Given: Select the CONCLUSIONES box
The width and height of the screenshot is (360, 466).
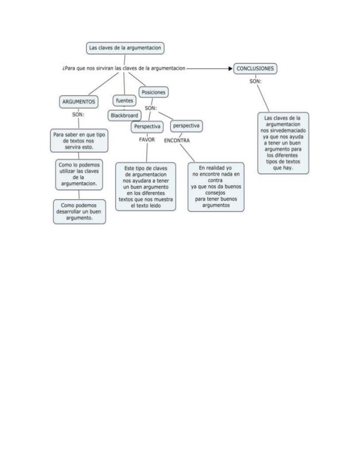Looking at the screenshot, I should pyautogui.click(x=255, y=69).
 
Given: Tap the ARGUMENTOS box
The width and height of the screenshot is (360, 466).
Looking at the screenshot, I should pyautogui.click(x=78, y=102).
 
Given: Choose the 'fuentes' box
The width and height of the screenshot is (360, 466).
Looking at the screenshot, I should pyautogui.click(x=124, y=101).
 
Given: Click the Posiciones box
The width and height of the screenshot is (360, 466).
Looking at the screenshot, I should pyautogui.click(x=153, y=92).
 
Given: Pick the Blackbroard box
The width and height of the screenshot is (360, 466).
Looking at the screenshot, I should pyautogui.click(x=125, y=115).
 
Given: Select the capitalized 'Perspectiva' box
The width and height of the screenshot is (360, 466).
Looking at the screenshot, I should pyautogui.click(x=147, y=127).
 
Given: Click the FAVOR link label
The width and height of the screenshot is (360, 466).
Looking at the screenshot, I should pyautogui.click(x=147, y=140).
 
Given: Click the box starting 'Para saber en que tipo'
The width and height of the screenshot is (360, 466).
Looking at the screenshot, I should pyautogui.click(x=79, y=141).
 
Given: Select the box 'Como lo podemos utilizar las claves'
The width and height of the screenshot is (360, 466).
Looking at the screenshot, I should pyautogui.click(x=79, y=173).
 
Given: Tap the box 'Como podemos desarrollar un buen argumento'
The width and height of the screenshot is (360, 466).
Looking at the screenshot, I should pyautogui.click(x=79, y=211).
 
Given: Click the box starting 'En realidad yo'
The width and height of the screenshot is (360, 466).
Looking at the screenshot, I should pyautogui.click(x=215, y=187).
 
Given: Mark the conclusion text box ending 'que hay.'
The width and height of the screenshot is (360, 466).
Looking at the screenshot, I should pyautogui.click(x=283, y=143).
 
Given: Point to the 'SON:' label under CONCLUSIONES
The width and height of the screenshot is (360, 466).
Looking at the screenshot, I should pyautogui.click(x=255, y=81).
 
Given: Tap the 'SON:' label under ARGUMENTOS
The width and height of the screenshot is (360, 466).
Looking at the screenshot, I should pyautogui.click(x=78, y=114).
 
